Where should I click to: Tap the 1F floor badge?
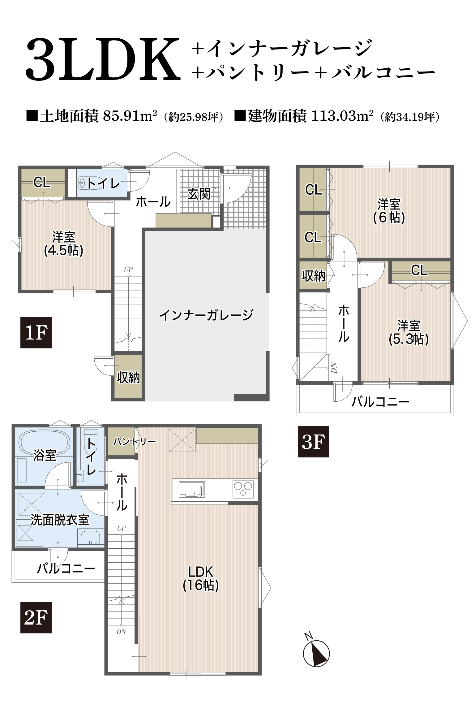pyautogui.click(x=36, y=333)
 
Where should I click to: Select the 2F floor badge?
pyautogui.click(x=36, y=618)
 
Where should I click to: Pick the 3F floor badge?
pyautogui.click(x=313, y=442)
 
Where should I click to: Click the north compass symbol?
pyautogui.click(x=316, y=653)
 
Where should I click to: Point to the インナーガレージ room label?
pyautogui.click(x=206, y=315)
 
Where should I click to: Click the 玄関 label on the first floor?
pyautogui.click(x=199, y=194)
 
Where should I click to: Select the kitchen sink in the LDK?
pyautogui.click(x=192, y=489)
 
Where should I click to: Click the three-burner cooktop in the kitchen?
pyautogui.click(x=243, y=489)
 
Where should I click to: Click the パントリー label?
pyautogui.click(x=134, y=442)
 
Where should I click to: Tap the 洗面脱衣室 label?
pyautogui.click(x=60, y=520)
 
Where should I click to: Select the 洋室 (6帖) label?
pyautogui.click(x=389, y=211)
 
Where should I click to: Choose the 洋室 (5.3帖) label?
pyautogui.click(x=409, y=333)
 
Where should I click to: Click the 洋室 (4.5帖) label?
pyautogui.click(x=64, y=244)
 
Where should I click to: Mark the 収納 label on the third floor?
pyautogui.click(x=314, y=275)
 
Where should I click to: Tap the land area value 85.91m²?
pyautogui.click(x=130, y=116)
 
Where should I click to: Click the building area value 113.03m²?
pyautogui.click(x=342, y=116)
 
